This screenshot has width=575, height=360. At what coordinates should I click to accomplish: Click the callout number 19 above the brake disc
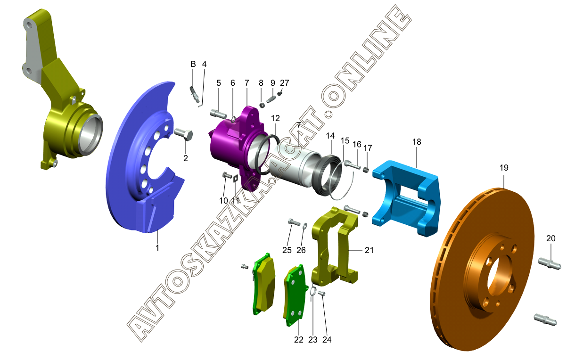click(x=504, y=168)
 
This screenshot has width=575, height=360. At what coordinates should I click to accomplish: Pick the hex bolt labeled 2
click(x=184, y=134)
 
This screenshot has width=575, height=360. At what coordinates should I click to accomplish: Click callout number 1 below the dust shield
click(x=157, y=247)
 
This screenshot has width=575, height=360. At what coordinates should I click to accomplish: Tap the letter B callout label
click(x=193, y=64)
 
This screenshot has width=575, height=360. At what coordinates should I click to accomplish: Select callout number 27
click(x=284, y=82)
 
